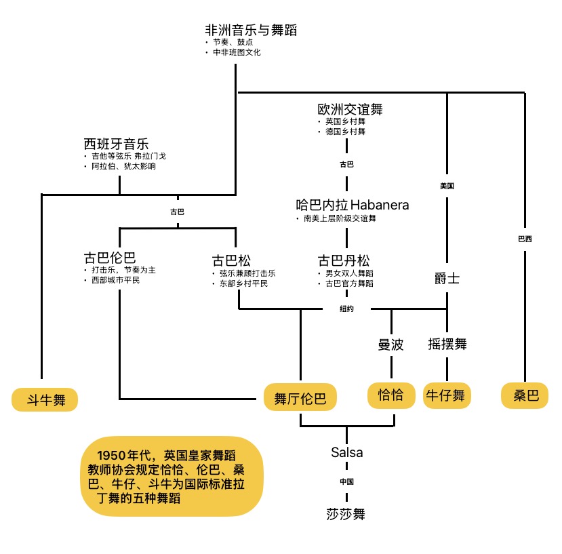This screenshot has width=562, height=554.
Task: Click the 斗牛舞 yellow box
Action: [45, 399]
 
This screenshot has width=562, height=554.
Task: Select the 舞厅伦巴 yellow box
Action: [300, 397]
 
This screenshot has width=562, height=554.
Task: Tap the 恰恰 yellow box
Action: [391, 395]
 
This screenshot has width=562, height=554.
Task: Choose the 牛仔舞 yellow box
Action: [447, 395]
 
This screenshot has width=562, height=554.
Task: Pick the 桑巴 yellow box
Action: [525, 395]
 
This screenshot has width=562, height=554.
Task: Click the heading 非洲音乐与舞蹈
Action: [251, 30]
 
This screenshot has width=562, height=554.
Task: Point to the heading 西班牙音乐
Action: [116, 144]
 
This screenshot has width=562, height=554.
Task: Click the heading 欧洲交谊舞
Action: [350, 109]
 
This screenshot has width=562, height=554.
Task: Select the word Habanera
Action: [380, 205]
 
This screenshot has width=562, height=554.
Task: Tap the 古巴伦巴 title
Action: [110, 258]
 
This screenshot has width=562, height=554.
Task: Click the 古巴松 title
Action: [231, 260]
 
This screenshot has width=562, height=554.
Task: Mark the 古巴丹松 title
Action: [344, 260]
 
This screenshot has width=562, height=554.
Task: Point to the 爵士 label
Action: [447, 278]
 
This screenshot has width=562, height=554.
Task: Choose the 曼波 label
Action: [391, 344]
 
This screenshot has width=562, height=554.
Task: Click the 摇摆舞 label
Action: [447, 344]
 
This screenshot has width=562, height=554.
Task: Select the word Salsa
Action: [347, 452]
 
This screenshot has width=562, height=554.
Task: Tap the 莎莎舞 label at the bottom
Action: [346, 514]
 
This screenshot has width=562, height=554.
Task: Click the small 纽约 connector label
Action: [346, 309]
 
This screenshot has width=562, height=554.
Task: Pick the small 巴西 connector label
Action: [525, 239]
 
